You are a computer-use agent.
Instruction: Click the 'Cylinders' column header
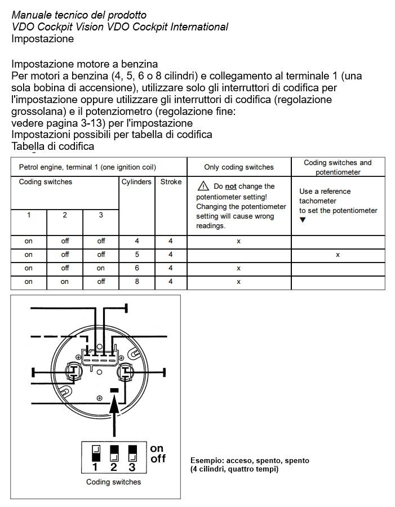coord(136,182)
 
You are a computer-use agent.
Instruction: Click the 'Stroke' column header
coord(171,182)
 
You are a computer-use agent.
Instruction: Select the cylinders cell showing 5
coord(136,255)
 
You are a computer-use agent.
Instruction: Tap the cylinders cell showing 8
coord(136,282)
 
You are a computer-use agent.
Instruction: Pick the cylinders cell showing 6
coord(136,268)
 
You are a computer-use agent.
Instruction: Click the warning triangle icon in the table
coord(202,186)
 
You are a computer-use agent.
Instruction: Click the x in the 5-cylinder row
coord(338,255)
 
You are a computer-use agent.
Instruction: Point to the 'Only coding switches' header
coord(238,167)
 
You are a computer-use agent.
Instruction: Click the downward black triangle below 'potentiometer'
coord(303,220)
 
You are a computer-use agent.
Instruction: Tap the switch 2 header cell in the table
coord(65,215)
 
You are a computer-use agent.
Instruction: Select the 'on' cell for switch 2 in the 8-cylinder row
coord(65,282)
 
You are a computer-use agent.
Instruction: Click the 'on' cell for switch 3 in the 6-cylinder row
coord(101,268)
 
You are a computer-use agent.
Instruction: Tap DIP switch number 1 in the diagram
coord(95,452)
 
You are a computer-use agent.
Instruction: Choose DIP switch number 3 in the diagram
coord(132,452)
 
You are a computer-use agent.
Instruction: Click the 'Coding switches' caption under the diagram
coord(113,482)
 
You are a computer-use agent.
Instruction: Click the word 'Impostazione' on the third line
coord(42,39)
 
